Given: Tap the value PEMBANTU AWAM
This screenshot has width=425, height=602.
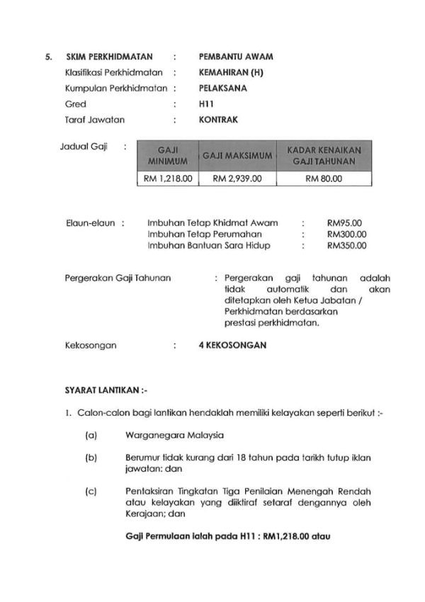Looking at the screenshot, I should tap(237, 56).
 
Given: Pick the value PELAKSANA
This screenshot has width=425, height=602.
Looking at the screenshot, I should tap(223, 88).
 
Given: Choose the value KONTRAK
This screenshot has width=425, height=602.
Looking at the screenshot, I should tap(219, 120).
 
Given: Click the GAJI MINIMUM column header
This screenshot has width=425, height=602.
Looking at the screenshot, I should tap(168, 155).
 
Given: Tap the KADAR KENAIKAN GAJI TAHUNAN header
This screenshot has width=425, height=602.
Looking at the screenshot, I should tap(323, 155).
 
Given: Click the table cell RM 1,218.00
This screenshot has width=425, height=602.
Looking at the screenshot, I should tap(168, 178).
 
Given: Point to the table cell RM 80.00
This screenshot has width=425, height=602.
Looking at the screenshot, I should tap(323, 178).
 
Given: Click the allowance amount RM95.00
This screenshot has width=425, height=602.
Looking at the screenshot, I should tap(344, 222).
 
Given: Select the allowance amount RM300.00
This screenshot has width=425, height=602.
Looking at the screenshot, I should tap(346, 234).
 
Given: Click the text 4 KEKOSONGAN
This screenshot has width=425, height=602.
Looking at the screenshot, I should tap(233, 346).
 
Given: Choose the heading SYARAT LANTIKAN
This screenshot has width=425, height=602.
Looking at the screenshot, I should tap(106, 390).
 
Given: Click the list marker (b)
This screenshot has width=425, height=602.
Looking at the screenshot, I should tap(91, 458).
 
